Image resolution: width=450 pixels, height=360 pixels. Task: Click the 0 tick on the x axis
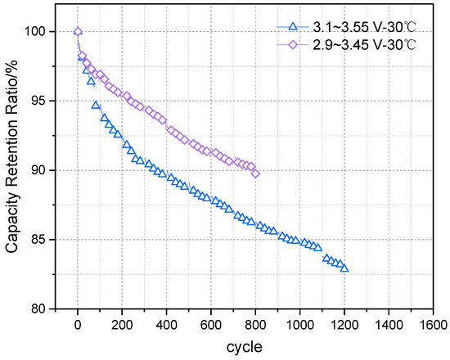click(78, 324)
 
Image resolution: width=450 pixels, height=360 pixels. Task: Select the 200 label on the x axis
click(122, 324)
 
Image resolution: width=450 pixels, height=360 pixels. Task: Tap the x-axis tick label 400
click(167, 324)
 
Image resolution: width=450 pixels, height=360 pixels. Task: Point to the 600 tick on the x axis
click(211, 324)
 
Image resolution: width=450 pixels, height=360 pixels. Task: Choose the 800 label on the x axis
click(255, 324)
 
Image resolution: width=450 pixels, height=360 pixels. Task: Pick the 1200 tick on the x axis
click(344, 324)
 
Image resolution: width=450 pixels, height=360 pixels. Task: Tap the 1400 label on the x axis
click(389, 324)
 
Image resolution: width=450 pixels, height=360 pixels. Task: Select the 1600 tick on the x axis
click(433, 324)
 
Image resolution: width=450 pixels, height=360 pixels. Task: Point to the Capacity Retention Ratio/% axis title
click(13, 168)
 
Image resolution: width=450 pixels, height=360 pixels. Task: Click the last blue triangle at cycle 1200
click(344, 268)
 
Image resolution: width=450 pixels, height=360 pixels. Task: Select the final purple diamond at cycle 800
click(255, 173)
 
